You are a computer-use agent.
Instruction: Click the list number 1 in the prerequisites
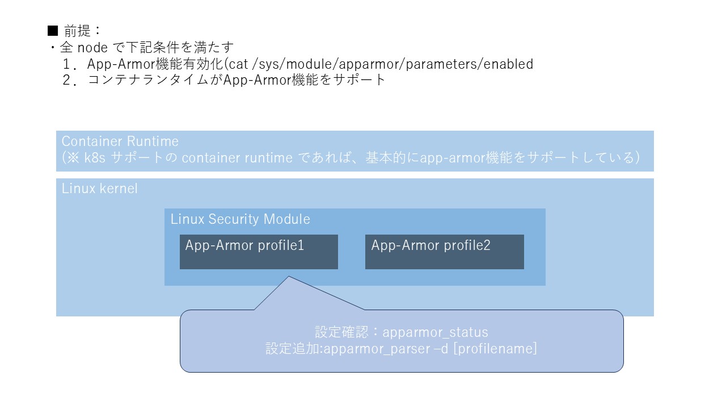tap(69, 64)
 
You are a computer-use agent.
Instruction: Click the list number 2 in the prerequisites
tap(69, 80)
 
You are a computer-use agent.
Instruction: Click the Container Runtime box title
tap(120, 141)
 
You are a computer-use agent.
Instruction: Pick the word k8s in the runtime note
tap(95, 157)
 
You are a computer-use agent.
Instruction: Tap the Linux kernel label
tap(100, 189)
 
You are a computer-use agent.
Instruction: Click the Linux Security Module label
tap(240, 219)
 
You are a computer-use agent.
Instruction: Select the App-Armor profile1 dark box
tap(259, 252)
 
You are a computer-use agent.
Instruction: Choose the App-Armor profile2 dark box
tap(444, 252)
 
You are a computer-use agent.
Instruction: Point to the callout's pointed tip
tap(289, 277)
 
